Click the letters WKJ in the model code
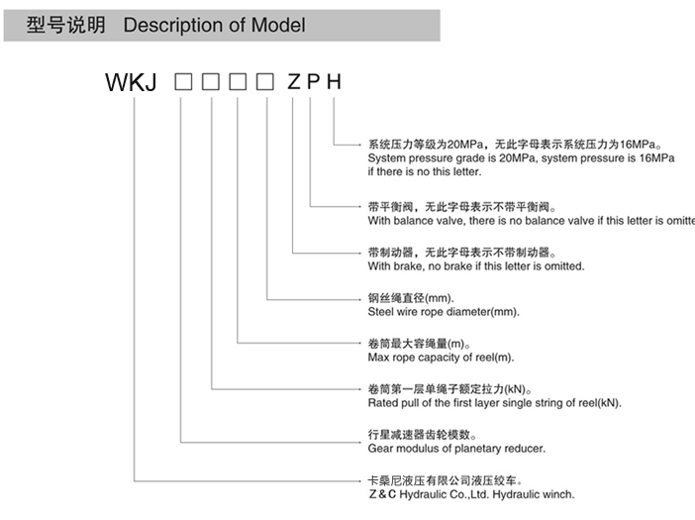131,82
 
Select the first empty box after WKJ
183,82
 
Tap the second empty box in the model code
211,82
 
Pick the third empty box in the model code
238,82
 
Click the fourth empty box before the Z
265,82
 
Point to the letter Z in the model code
294,82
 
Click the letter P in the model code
314,82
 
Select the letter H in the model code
334,82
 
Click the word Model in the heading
278,25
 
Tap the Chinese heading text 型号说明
66,25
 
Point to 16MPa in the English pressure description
656,158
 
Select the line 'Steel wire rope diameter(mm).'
444,312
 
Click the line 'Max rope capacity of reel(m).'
441,358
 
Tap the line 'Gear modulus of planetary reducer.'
456,449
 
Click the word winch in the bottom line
559,494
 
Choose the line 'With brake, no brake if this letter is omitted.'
476,266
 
